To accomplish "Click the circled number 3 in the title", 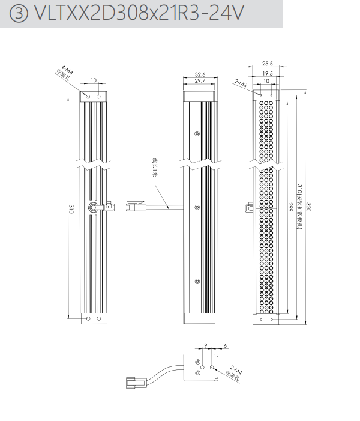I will click(x=19, y=14).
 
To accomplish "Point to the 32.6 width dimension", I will click(x=200, y=74).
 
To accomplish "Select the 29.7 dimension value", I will click(x=200, y=80).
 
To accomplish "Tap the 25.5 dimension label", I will click(x=267, y=63).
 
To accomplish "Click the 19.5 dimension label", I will click(x=267, y=73).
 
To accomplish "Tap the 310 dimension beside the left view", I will click(x=71, y=209).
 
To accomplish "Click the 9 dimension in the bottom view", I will click(x=206, y=345).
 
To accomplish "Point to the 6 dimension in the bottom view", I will click(x=224, y=345).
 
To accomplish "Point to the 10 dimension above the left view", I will click(x=94, y=80).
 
